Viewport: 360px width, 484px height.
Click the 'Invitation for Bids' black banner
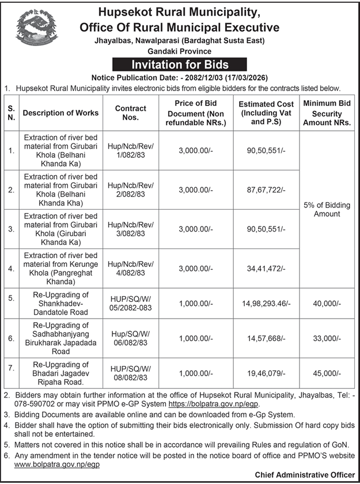pos(179,64)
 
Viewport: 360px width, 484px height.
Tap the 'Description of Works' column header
pos(60,113)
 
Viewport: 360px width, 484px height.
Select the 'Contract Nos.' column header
pos(131,113)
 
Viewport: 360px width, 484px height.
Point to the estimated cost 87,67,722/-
pos(267,190)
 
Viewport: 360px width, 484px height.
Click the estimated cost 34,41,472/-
pos(267,269)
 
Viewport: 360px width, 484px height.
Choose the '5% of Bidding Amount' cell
pos(327,210)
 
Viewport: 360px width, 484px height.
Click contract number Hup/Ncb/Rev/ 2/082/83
pos(131,190)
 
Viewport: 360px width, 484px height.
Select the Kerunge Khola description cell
pos(60,269)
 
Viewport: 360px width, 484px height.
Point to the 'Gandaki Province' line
pos(179,51)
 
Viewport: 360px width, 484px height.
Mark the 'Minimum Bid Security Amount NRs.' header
pos(327,113)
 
